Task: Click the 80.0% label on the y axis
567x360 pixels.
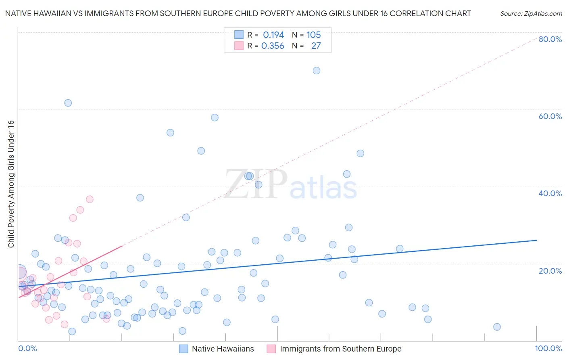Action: click(x=550, y=39)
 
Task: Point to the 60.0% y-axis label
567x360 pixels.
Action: click(x=550, y=116)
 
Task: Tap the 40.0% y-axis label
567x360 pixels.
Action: click(x=550, y=193)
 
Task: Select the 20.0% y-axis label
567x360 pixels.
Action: click(x=550, y=271)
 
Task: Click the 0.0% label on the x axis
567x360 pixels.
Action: click(x=27, y=348)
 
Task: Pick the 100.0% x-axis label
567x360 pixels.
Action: click(x=548, y=348)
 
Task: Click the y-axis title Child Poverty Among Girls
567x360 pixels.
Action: click(x=11, y=184)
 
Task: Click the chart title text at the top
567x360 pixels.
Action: click(x=238, y=13)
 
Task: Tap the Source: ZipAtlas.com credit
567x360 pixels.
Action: click(x=531, y=13)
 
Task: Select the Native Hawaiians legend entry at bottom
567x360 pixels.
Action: click(x=223, y=349)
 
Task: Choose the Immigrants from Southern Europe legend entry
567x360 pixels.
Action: click(x=340, y=349)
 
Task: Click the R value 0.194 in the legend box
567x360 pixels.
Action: click(x=273, y=35)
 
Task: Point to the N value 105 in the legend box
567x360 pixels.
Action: click(x=313, y=35)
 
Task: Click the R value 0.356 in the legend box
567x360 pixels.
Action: click(x=273, y=46)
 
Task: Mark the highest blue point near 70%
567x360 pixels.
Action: click(x=317, y=71)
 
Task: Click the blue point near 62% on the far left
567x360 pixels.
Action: click(x=68, y=103)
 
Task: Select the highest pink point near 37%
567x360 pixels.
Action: click(x=90, y=199)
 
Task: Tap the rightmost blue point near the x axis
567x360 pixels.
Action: click(x=497, y=327)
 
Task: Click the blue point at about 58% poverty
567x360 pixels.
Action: click(x=215, y=117)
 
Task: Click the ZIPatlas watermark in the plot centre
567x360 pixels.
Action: click(x=290, y=184)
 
